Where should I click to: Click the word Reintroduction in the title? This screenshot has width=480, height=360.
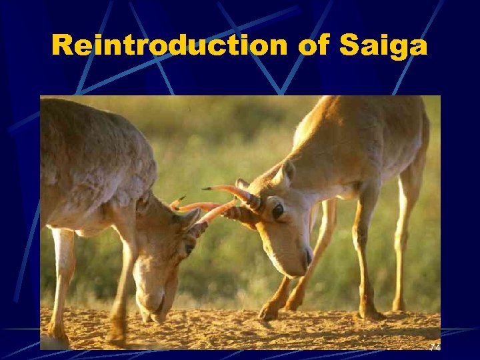pos(169,45)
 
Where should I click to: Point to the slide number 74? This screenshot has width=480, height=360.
pos(435,347)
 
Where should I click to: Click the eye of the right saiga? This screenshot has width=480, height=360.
pos(277,211)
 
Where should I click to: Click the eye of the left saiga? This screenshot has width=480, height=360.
pos(189,247)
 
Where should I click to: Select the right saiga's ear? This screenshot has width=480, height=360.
pos(285,174)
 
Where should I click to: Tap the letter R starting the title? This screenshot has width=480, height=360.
pos(63,45)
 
